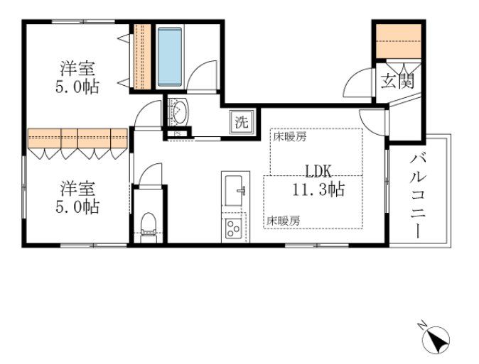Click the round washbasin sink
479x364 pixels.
[x=179, y=111]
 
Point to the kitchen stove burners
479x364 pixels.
[x=232, y=228]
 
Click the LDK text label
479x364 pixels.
[x=318, y=171]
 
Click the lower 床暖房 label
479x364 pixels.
[x=284, y=221]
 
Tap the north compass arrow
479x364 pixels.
[x=436, y=342]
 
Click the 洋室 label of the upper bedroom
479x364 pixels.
[x=77, y=70]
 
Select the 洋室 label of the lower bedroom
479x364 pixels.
[x=77, y=189]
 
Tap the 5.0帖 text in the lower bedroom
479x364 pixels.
[x=77, y=207]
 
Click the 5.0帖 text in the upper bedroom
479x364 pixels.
[x=77, y=87]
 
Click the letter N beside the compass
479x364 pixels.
[x=421, y=326]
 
